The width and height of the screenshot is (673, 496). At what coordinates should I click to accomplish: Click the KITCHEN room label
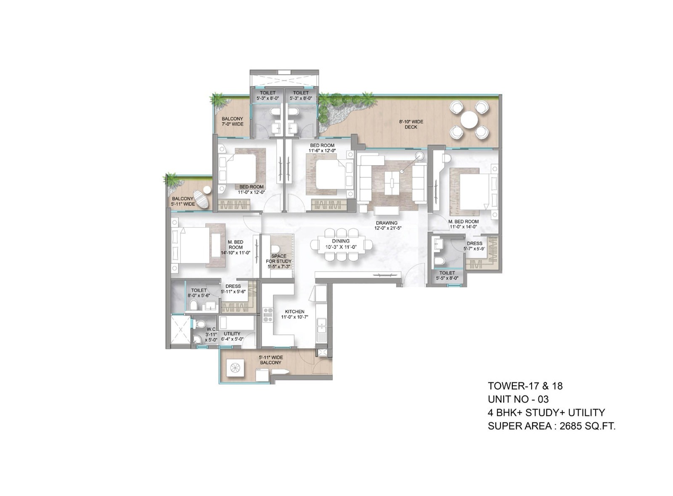294,314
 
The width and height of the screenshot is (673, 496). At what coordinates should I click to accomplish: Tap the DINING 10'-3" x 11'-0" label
341,244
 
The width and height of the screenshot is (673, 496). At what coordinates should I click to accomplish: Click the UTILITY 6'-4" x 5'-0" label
232,336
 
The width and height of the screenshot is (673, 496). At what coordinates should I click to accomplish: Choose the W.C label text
211,329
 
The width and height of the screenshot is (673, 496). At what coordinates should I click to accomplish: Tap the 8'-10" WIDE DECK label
411,124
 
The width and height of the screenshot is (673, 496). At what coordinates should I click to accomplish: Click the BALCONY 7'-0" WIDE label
232,122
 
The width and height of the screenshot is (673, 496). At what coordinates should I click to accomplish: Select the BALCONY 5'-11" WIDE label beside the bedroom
183,201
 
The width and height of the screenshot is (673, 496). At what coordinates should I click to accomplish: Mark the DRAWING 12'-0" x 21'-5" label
386,225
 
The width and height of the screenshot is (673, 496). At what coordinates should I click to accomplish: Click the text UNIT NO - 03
518,399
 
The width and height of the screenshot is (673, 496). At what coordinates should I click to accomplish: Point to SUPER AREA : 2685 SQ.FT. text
551,426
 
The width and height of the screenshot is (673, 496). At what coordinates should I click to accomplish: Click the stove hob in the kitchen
268,315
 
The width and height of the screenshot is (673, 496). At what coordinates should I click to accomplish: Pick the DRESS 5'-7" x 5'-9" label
474,246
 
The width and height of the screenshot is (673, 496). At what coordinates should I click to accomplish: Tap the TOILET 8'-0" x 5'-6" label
199,293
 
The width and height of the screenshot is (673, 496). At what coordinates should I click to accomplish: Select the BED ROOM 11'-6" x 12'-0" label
322,148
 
